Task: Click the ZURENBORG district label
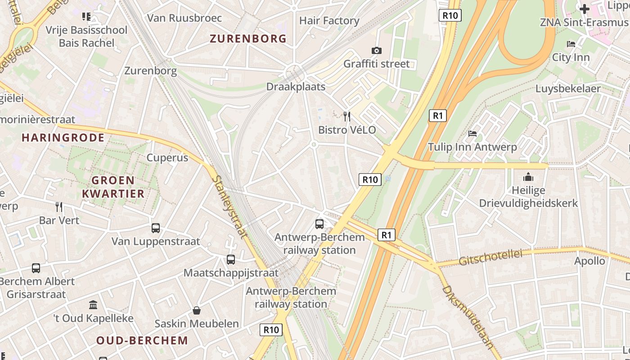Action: click(248, 39)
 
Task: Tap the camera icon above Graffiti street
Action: click(377, 50)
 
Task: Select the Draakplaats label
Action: click(296, 86)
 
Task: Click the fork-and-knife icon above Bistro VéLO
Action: click(347, 117)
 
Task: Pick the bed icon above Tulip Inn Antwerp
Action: click(472, 133)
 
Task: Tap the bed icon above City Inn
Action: click(571, 44)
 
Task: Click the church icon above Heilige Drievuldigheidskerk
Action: click(528, 177)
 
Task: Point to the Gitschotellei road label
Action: click(490, 258)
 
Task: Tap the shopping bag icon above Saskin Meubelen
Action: click(197, 310)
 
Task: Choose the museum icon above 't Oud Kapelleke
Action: click(93, 305)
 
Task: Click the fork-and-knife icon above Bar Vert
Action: click(59, 207)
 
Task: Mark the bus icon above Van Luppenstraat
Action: click(156, 228)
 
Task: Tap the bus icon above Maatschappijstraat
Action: click(231, 260)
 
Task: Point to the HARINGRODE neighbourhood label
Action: click(63, 138)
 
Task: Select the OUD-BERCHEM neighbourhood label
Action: click(142, 340)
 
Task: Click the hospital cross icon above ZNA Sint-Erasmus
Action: click(584, 9)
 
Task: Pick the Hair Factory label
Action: click(329, 21)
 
